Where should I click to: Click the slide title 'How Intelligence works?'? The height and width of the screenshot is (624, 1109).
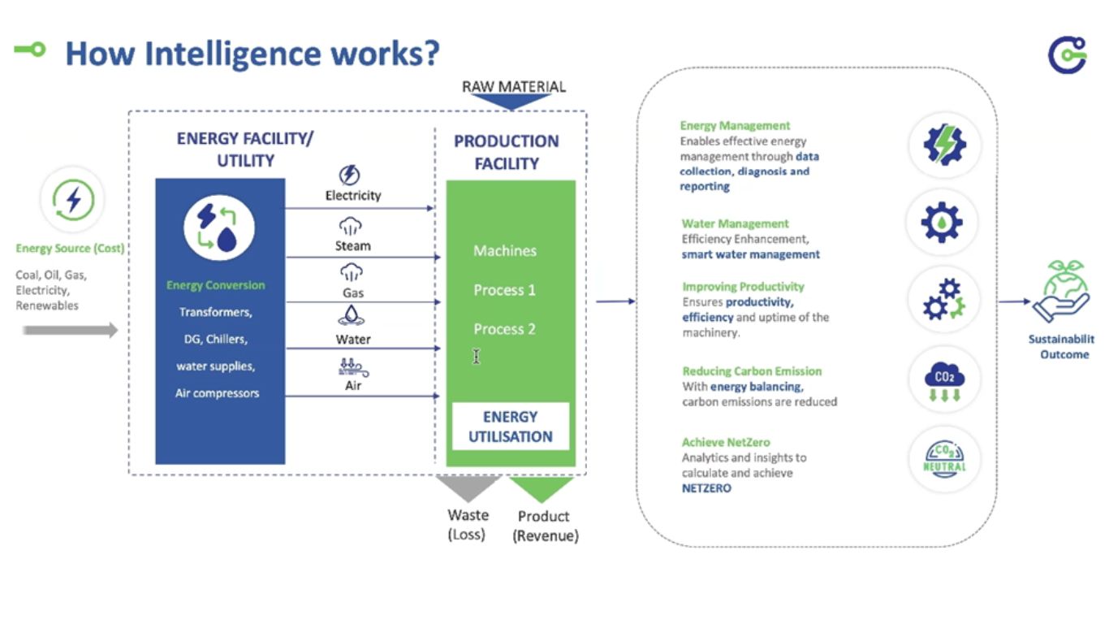coord(252,54)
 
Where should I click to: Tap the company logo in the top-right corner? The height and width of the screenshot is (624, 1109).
coord(1066,54)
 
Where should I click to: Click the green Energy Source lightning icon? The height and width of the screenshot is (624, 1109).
coord(72,200)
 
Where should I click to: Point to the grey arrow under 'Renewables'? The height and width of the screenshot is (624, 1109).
coord(70,330)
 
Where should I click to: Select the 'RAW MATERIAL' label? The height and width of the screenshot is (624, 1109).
coord(513,87)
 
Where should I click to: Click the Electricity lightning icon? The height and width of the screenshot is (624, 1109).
coord(351,175)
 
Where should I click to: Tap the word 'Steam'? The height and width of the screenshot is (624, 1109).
coord(352,245)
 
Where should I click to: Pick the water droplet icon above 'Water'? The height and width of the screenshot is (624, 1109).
coord(352,316)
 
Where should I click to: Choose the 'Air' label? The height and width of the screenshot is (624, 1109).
coord(353,386)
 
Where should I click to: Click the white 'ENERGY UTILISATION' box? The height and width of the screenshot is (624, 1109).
coord(511,427)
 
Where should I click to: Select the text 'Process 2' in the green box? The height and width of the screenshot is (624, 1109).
coord(504,329)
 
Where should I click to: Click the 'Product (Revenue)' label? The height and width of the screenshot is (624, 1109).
coord(545,526)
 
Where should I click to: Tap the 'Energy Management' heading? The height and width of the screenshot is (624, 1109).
coord(735,126)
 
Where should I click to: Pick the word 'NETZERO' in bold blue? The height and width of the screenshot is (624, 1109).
coord(706,488)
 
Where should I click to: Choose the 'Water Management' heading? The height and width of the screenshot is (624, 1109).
coord(735,223)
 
